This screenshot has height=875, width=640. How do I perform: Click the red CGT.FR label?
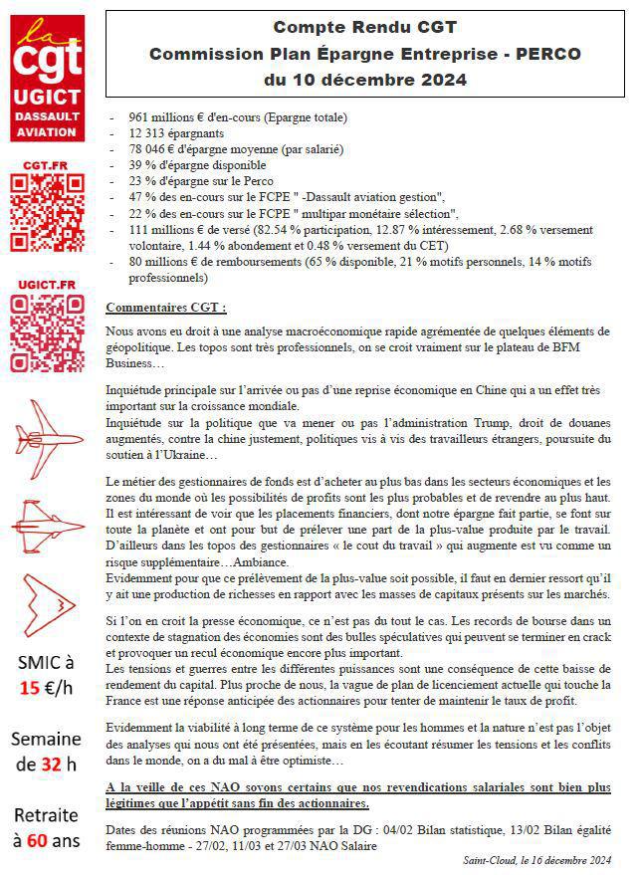[x=46, y=163]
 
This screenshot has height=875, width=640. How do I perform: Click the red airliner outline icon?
[x=46, y=430]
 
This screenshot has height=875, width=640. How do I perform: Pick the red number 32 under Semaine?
[x=47, y=765]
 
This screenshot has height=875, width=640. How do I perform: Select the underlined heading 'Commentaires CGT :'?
[x=166, y=307]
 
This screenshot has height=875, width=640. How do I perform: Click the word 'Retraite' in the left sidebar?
[x=46, y=813]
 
